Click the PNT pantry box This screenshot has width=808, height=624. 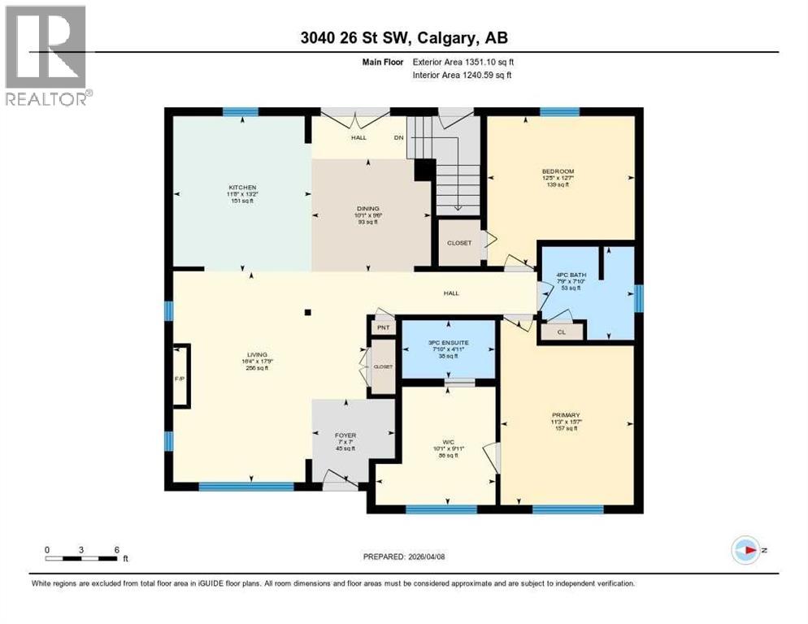tap(383, 327)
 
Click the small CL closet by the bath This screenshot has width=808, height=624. tap(562, 331)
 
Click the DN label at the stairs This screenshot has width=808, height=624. tap(398, 137)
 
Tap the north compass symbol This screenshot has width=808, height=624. tap(745, 550)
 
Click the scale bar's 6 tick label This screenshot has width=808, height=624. tap(117, 549)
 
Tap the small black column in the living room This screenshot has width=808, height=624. tap(307, 311)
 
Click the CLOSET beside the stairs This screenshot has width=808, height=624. tap(459, 243)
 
